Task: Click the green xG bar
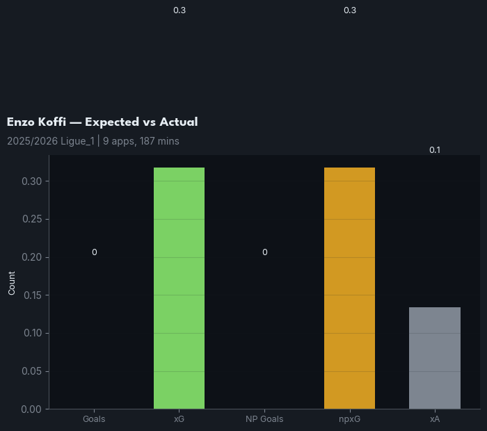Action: tap(179, 288)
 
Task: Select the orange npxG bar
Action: tap(349, 288)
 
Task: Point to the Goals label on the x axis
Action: tap(94, 419)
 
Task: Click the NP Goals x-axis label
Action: tap(264, 419)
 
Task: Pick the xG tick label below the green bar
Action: tap(179, 419)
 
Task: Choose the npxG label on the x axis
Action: tap(349, 419)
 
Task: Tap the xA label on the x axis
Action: tap(435, 419)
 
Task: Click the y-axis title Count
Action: tap(12, 282)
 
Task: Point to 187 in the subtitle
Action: tap(140, 141)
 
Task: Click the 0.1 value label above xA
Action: tap(435, 150)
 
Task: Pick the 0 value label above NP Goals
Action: tap(264, 252)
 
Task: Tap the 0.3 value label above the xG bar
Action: tap(179, 10)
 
